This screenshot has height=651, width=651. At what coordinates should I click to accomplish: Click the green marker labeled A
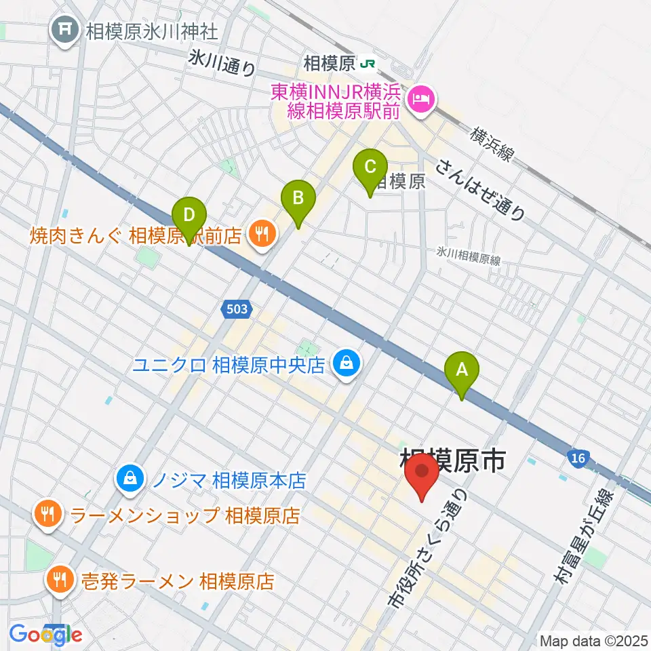pyautogui.click(x=462, y=372)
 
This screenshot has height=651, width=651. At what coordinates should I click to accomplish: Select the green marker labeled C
pyautogui.click(x=370, y=167)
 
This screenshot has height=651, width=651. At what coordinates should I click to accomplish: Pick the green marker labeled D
pyautogui.click(x=189, y=217)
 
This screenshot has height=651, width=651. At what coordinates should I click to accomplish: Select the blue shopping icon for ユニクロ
pyautogui.click(x=347, y=366)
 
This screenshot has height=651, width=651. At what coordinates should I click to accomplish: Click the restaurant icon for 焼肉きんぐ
pyautogui.click(x=260, y=235)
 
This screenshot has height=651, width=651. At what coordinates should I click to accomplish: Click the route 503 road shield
pyautogui.click(x=237, y=309)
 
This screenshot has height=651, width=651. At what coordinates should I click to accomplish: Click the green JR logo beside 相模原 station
pyautogui.click(x=368, y=64)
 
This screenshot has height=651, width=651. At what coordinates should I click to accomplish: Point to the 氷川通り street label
pyautogui.click(x=222, y=64)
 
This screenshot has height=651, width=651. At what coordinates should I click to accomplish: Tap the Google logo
pyautogui.click(x=46, y=634)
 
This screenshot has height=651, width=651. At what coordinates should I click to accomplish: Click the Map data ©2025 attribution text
pyautogui.click(x=593, y=640)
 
